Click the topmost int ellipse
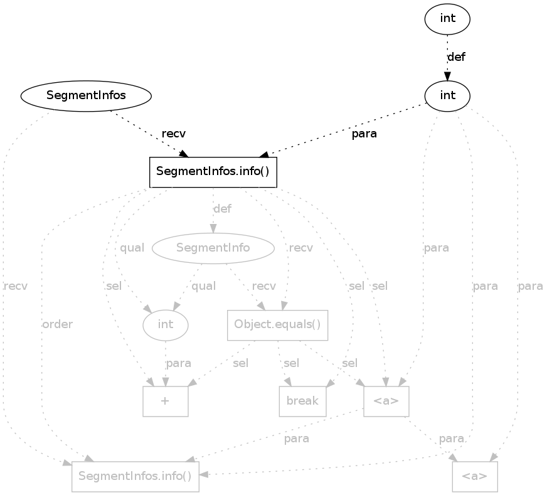point(447,18)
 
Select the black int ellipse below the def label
point(447,96)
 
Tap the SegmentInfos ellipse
point(87,96)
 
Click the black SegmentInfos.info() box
point(213,171)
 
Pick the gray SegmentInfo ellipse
point(213,248)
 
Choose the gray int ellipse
point(166,324)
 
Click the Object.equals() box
point(277,324)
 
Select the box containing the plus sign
point(166,401)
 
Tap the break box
point(302,401)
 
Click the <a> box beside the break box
point(386,401)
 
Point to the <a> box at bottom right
point(474,477)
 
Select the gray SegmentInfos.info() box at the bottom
point(135,477)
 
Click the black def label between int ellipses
point(456,57)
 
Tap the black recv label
point(174,134)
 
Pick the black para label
point(364,134)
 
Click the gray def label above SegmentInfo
point(222,209)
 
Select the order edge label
point(58,324)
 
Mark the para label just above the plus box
point(178,363)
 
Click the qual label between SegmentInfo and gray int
point(203,286)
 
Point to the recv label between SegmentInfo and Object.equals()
point(263,286)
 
